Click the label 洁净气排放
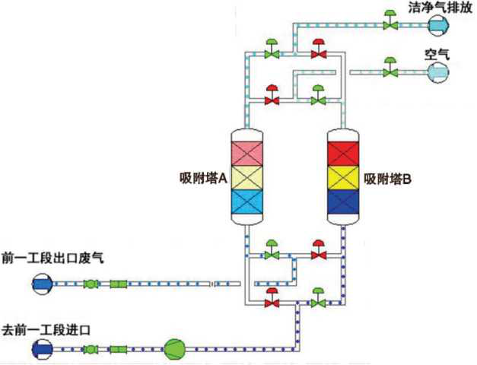pyautogui.click(x=440, y=8)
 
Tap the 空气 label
pyautogui.click(x=437, y=55)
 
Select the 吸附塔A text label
pyautogui.click(x=204, y=179)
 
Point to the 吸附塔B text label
pyautogui.click(x=388, y=179)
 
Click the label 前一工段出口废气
pyautogui.click(x=52, y=258)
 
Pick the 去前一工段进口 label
pyautogui.click(x=46, y=330)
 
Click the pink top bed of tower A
pyautogui.click(x=246, y=154)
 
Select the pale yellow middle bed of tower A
pyautogui.click(x=246, y=178)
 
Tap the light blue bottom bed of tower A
pyautogui.click(x=246, y=202)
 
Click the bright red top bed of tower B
pyautogui.click(x=343, y=154)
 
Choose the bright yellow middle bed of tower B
pyautogui.click(x=343, y=178)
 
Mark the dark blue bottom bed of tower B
pyautogui.click(x=343, y=202)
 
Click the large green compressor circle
pyautogui.click(x=175, y=350)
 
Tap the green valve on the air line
pyautogui.click(x=390, y=68)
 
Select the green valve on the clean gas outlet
pyautogui.click(x=390, y=21)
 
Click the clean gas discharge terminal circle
pyautogui.click(x=438, y=25)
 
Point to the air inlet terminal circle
pyautogui.click(x=437, y=72)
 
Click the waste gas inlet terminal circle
pyautogui.click(x=43, y=284)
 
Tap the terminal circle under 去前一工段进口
pyautogui.click(x=43, y=350)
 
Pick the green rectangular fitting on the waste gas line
pyautogui.click(x=119, y=284)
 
